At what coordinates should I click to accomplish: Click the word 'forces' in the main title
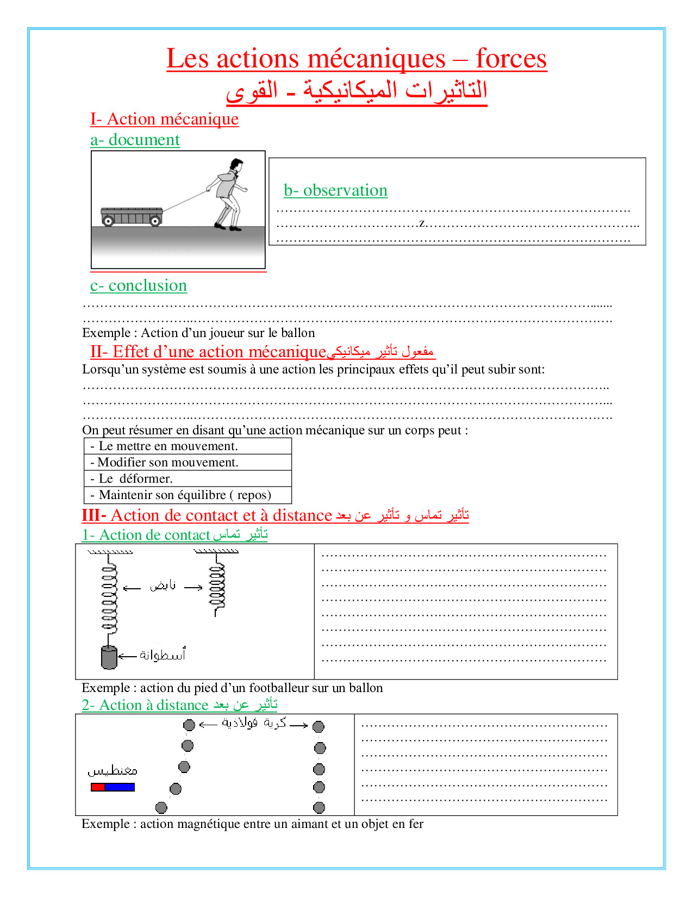pos(511,59)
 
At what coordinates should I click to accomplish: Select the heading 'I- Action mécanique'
pos(164,119)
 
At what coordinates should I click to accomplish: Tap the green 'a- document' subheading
pos(135,140)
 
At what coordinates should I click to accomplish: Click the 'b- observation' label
pos(335,190)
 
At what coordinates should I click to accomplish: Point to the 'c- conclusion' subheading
pos(139,285)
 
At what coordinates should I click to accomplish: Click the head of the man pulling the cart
pos(236,164)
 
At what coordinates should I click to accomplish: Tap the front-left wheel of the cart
pos(108,221)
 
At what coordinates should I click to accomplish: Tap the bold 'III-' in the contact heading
pos(94,515)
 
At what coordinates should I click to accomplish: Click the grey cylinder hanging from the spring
pos(109,657)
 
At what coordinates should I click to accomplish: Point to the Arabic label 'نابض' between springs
pos(163,586)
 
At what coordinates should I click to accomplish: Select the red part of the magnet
pos(98,787)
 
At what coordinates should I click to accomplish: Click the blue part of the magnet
pos(120,787)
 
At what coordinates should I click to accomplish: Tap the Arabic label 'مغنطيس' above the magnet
pos(113,771)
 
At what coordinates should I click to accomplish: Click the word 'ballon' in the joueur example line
pos(298,333)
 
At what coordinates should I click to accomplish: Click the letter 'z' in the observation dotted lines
pos(422,223)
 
